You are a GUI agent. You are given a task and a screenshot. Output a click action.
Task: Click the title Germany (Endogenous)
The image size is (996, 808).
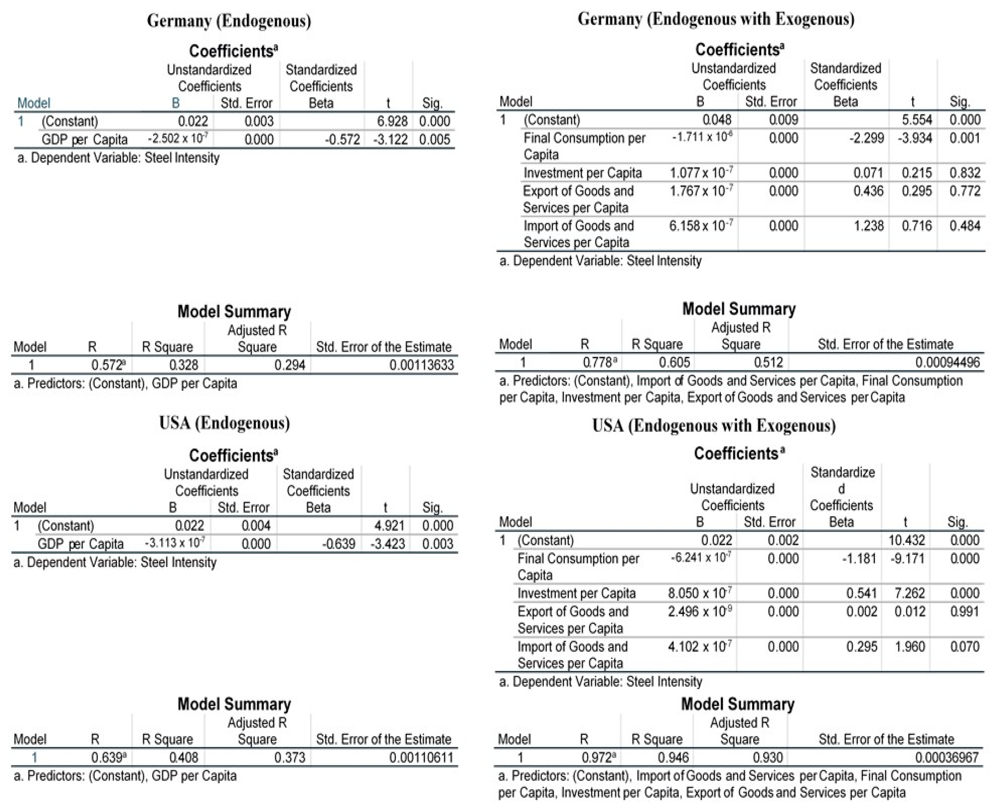(x=229, y=21)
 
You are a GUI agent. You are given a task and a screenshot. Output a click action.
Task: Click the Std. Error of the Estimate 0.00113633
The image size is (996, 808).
(x=421, y=365)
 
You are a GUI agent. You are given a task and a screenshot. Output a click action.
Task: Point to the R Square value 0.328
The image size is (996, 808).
(x=184, y=365)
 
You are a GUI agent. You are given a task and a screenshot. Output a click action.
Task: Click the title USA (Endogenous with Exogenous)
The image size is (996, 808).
(x=714, y=426)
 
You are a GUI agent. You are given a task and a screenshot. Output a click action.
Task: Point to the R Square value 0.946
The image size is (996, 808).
(x=673, y=758)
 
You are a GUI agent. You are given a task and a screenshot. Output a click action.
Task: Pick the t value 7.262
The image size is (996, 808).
(x=909, y=593)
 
